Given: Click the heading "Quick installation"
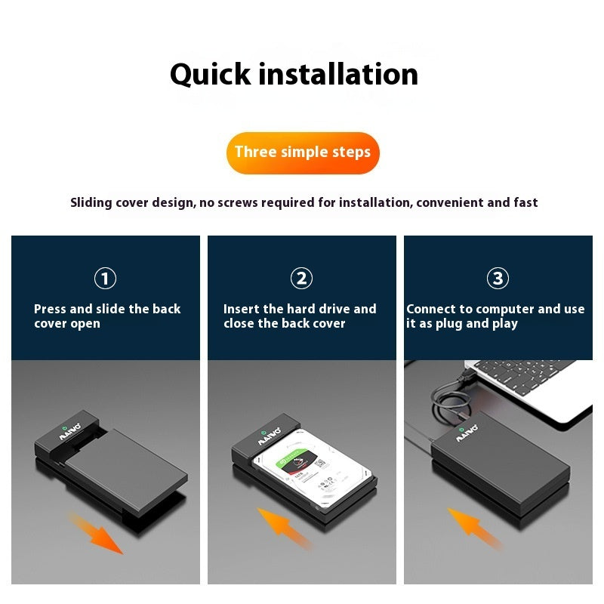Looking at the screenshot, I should point(294,74).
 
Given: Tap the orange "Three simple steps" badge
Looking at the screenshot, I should point(302,152).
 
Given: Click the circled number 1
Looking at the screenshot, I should point(105,279).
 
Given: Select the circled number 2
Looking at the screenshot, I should point(301,279).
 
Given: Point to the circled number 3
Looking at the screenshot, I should point(498,279).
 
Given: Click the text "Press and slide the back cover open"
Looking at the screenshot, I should point(106,316).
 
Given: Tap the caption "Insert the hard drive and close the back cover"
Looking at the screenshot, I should point(299,316).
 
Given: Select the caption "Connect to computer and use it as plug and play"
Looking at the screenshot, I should point(495,316).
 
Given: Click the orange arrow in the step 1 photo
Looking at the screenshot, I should point(97,532).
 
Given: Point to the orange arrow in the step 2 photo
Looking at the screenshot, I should point(285,527).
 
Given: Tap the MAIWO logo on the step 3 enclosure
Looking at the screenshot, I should point(467,436).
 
